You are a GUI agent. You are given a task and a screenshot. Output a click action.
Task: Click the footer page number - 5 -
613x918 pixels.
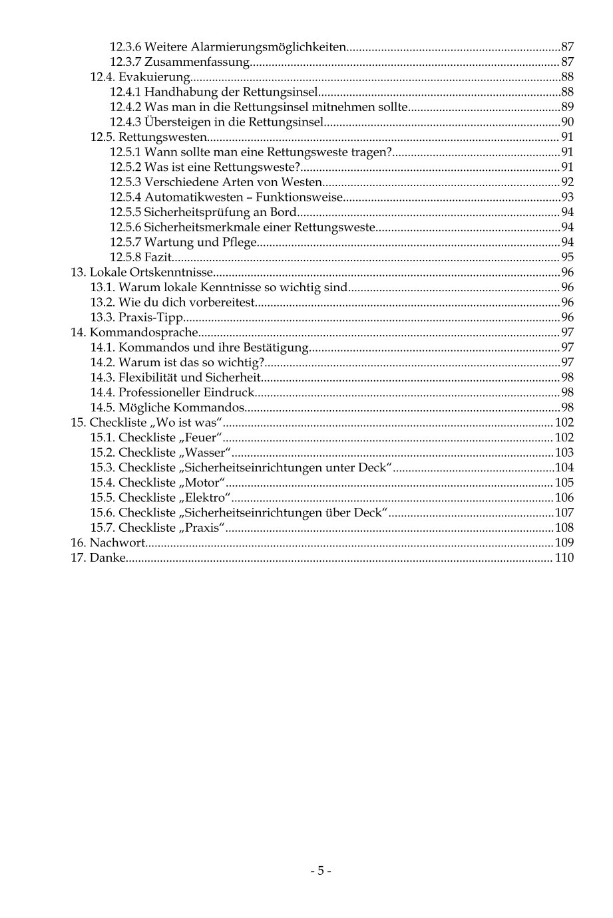pyautogui.click(x=320, y=871)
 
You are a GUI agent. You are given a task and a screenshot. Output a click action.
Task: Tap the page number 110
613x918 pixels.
pyautogui.click(x=564, y=558)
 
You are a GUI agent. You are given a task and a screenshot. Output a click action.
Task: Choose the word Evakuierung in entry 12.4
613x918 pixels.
pyautogui.click(x=154, y=77)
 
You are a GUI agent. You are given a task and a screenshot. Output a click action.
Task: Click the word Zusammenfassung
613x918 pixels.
pyautogui.click(x=196, y=62)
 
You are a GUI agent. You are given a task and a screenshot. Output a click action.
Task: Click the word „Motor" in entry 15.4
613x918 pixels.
pyautogui.click(x=202, y=483)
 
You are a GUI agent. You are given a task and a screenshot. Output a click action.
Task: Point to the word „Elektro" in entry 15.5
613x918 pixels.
pyautogui.click(x=204, y=498)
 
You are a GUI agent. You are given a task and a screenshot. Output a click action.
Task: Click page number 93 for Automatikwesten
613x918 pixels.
pyautogui.click(x=567, y=197)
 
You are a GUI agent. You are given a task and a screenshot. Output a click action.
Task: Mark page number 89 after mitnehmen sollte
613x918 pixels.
pyautogui.click(x=567, y=107)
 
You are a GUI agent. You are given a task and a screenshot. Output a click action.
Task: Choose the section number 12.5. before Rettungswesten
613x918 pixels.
pyautogui.click(x=102, y=137)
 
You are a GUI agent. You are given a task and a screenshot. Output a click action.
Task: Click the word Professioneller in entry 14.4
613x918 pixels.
pyautogui.click(x=159, y=393)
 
